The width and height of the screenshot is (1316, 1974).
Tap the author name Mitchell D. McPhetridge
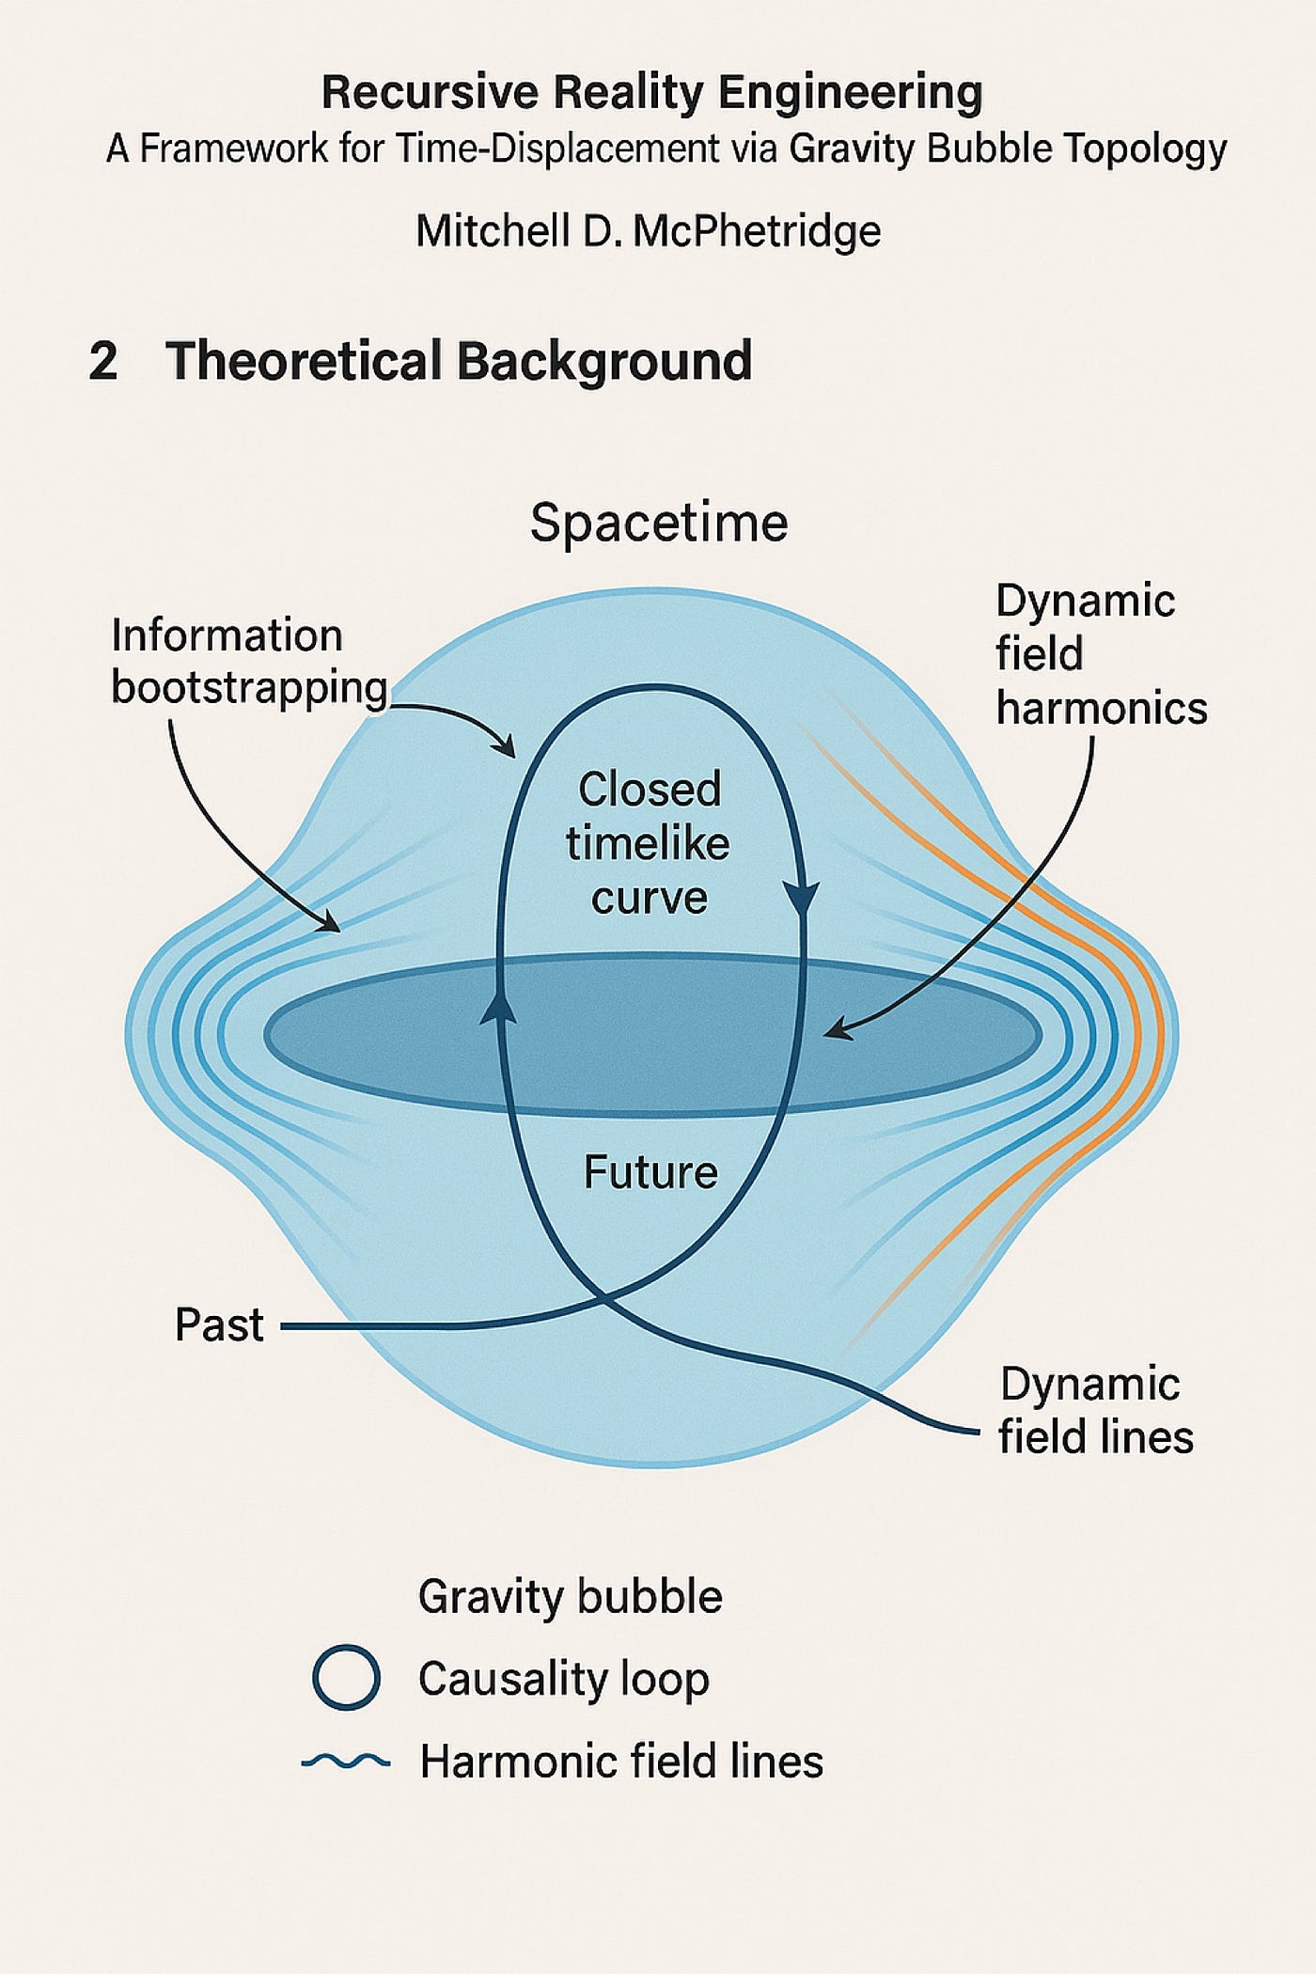[x=649, y=231]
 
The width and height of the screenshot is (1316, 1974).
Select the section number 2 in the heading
[x=103, y=361]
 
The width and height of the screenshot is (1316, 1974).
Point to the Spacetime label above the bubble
[x=659, y=523]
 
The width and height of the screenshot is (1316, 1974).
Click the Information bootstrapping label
[x=249, y=662]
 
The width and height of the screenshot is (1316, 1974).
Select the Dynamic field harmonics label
[x=1101, y=654]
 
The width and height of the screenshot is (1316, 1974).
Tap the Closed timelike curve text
[x=649, y=843]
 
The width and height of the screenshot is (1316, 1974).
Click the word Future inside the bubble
[x=650, y=1172]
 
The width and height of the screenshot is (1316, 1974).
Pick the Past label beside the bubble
[x=219, y=1325]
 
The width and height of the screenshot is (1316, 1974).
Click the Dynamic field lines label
[x=1096, y=1410]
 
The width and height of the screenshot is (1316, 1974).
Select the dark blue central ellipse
[x=653, y=1035]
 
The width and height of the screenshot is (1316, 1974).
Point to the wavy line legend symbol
[x=346, y=1761]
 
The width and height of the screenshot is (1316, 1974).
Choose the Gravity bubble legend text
[x=571, y=1597]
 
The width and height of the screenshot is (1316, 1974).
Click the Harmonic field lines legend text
[x=621, y=1762]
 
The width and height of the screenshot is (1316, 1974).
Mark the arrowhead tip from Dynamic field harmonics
[x=825, y=1036]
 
